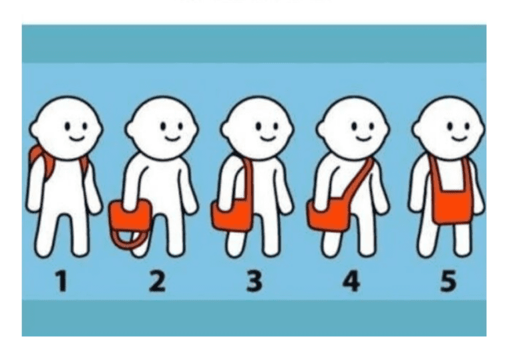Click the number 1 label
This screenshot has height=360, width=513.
[62, 281]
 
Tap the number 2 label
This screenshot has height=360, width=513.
[157, 281]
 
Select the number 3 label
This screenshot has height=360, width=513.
[254, 281]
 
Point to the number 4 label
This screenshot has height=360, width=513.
[351, 281]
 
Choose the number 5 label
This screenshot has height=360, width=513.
[448, 281]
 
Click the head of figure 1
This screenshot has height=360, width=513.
[66, 128]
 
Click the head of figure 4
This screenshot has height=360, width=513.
[353, 128]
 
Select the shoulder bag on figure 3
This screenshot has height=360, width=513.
[232, 215]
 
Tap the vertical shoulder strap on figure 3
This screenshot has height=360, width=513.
[249, 180]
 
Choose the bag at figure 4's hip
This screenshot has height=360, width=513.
[328, 215]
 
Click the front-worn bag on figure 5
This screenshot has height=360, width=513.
[452, 206]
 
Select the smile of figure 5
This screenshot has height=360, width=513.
[459, 138]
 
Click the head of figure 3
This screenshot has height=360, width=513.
[257, 128]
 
